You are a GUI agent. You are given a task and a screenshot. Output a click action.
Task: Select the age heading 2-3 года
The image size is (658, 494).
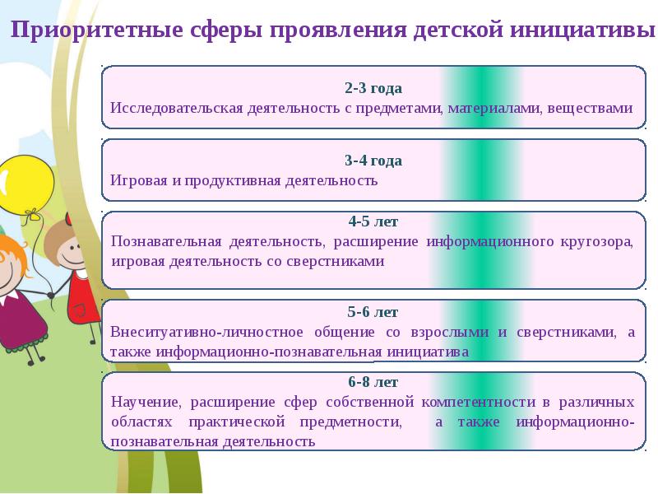coord(373,87)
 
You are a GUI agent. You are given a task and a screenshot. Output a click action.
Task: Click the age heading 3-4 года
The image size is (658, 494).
coord(373,160)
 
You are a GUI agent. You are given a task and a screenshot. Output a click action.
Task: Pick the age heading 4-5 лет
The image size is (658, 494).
coord(373,221)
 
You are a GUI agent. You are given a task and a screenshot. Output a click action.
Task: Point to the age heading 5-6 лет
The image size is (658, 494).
coord(373,312)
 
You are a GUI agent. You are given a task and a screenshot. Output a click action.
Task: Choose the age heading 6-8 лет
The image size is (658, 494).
coord(373,382)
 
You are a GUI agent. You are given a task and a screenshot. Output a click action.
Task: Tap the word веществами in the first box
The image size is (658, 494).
coord(591,108)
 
